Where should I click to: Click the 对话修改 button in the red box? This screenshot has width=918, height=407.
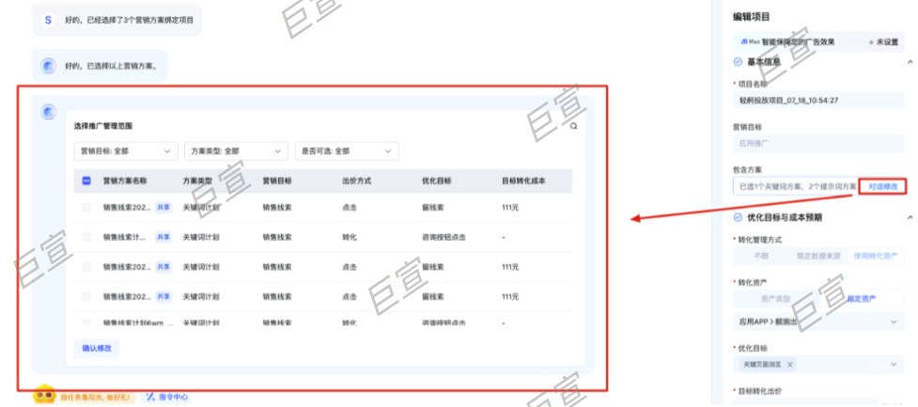click(x=882, y=187)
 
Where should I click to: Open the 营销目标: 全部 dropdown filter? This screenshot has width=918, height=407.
click(x=126, y=150)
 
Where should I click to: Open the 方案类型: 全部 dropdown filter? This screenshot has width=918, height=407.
click(x=236, y=150)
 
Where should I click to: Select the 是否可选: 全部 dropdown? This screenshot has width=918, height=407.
click(x=347, y=150)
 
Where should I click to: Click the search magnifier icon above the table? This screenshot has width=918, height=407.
click(x=573, y=125)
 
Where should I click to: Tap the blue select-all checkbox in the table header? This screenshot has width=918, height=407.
click(x=86, y=180)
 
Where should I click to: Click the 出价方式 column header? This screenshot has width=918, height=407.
click(x=357, y=180)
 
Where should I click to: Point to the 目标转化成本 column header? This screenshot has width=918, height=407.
click(x=523, y=180)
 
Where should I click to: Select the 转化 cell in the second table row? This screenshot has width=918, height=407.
click(x=349, y=237)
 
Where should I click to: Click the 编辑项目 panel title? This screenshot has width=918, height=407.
click(x=753, y=17)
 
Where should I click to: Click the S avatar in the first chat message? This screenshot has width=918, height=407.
click(x=48, y=19)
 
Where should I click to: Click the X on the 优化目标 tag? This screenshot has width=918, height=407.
click(x=790, y=365)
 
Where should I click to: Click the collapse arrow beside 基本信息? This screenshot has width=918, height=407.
click(x=910, y=62)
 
